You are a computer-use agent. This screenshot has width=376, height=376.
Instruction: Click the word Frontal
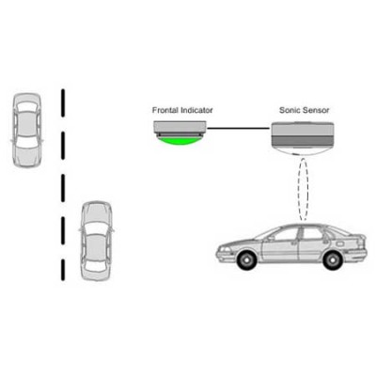pos(165,110)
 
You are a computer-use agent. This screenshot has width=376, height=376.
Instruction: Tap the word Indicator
pos(196,110)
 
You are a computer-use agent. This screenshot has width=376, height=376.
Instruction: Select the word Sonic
pos(289,110)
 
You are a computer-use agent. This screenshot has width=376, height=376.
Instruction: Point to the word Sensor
pos(315,110)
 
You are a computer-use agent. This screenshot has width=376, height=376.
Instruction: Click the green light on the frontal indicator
pos(180,141)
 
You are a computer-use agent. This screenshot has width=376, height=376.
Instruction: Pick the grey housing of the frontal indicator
pos(180,127)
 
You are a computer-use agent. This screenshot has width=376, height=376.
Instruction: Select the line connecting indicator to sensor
pos(239,128)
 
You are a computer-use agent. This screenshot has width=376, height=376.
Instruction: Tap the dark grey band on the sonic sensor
pos(302,140)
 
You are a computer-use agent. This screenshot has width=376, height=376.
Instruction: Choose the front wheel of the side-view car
pos(245,259)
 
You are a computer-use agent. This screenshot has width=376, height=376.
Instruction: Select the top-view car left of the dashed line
pos(27,130)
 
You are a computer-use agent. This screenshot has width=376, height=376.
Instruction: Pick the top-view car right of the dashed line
pos(97,241)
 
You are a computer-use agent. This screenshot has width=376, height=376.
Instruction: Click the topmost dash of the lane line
pos(63,103)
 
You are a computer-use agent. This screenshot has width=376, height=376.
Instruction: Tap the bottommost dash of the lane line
pos(63,270)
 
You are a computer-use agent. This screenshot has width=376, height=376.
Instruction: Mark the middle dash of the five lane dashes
pos(63,188)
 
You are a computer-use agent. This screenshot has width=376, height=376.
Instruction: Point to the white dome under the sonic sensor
pos(302,151)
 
